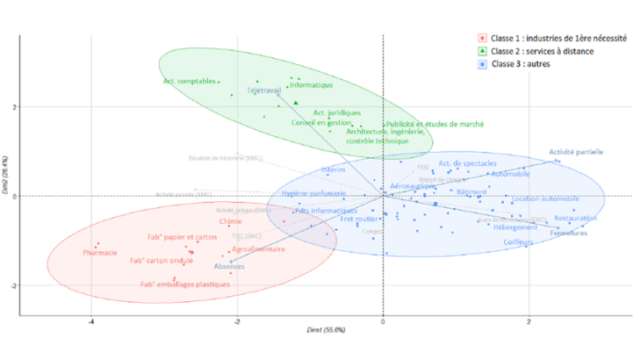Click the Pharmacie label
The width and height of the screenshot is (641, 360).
click(x=99, y=253)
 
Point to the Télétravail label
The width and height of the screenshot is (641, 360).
click(x=264, y=90)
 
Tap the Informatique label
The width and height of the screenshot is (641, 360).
click(x=311, y=85)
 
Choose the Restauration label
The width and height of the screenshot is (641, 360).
click(x=576, y=218)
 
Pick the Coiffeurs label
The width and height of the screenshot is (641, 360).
click(x=531, y=242)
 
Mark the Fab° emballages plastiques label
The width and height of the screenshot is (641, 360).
click(x=184, y=284)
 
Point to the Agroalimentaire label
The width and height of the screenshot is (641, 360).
click(x=257, y=249)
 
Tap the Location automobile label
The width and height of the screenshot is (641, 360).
click(x=545, y=198)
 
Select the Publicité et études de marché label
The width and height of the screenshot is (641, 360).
click(x=435, y=124)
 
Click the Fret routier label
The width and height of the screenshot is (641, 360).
click(x=358, y=219)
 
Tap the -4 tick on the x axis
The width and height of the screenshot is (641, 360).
click(x=91, y=322)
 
